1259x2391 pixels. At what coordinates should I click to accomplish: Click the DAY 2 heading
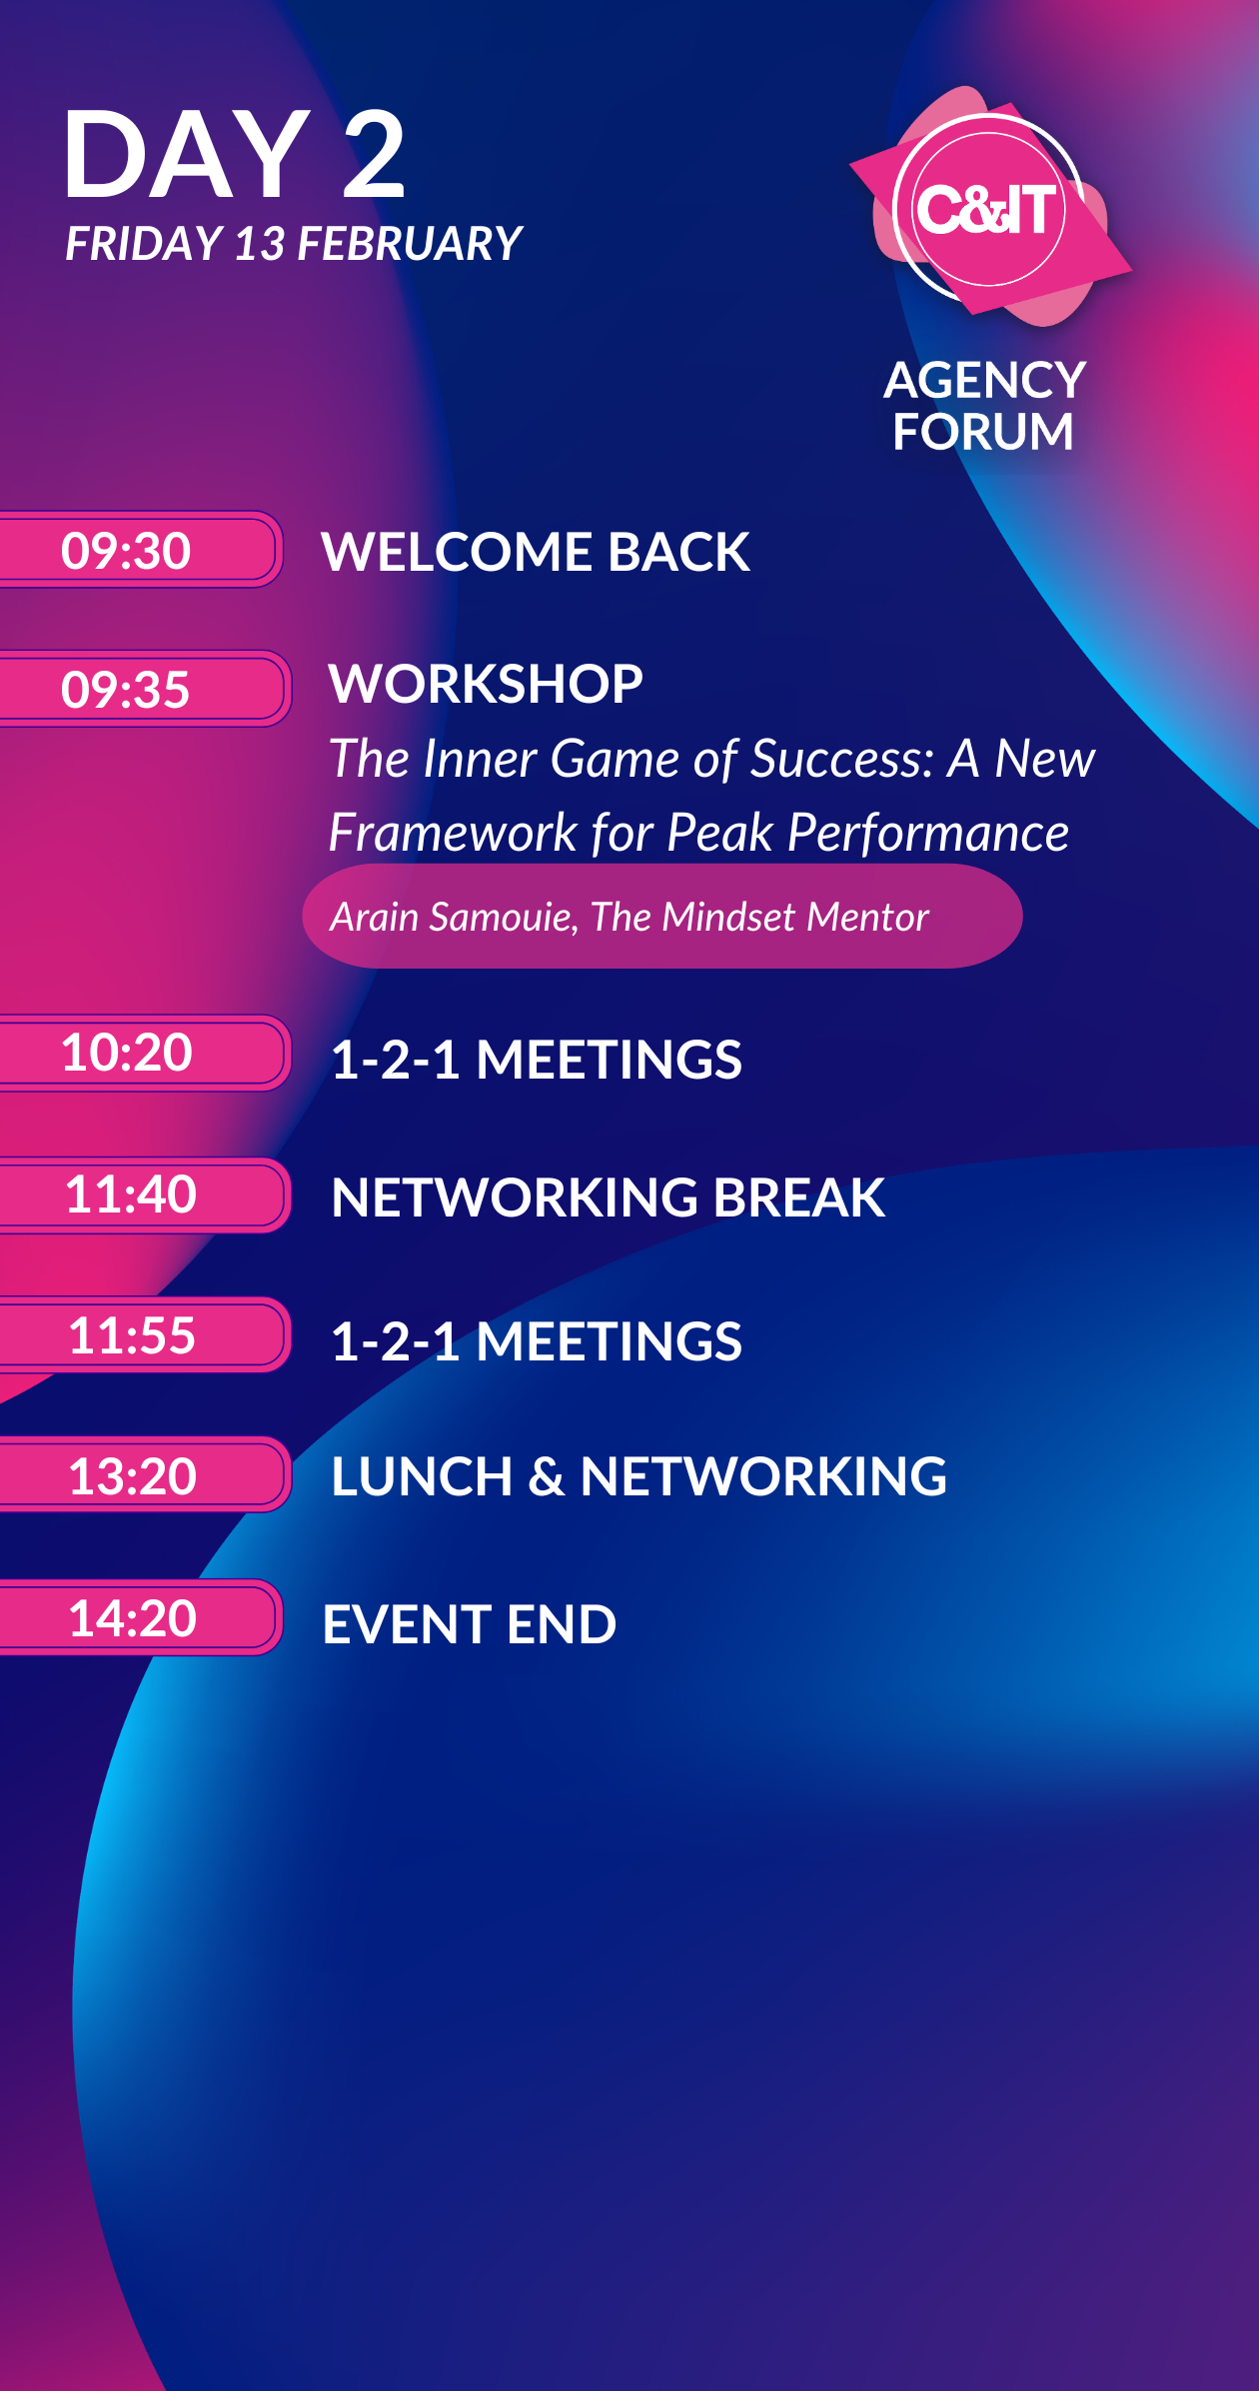pyautogui.click(x=235, y=155)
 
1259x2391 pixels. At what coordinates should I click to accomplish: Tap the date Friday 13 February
pyautogui.click(x=294, y=244)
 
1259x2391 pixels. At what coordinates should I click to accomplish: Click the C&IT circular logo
pyautogui.click(x=988, y=209)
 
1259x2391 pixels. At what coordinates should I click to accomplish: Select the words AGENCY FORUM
pyautogui.click(x=984, y=406)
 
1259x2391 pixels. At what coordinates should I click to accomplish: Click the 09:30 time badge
pyautogui.click(x=140, y=550)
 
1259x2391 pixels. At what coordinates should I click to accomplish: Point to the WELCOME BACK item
pyautogui.click(x=536, y=552)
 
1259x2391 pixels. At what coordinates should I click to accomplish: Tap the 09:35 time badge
pyautogui.click(x=144, y=689)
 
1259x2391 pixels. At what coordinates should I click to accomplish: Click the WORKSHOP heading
pyautogui.click(x=486, y=684)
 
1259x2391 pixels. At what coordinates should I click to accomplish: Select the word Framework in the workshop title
pyautogui.click(x=454, y=833)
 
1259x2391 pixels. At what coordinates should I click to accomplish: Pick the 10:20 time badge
pyautogui.click(x=144, y=1053)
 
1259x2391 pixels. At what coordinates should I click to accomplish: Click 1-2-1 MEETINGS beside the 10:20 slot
pyautogui.click(x=537, y=1060)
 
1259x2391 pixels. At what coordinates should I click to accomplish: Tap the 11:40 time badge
pyautogui.click(x=144, y=1195)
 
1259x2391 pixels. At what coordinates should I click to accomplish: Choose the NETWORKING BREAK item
pyautogui.click(x=609, y=1197)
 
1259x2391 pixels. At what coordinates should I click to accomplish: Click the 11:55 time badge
pyautogui.click(x=144, y=1334)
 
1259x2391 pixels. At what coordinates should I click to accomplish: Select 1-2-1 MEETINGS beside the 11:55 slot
pyautogui.click(x=537, y=1341)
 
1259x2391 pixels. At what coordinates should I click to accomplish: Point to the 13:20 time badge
pyautogui.click(x=144, y=1474)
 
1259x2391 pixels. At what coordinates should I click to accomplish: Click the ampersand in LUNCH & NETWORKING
pyautogui.click(x=547, y=1477)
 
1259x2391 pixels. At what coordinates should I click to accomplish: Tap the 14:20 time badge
pyautogui.click(x=140, y=1617)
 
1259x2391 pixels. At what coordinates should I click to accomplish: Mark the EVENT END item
pyautogui.click(x=470, y=1624)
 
